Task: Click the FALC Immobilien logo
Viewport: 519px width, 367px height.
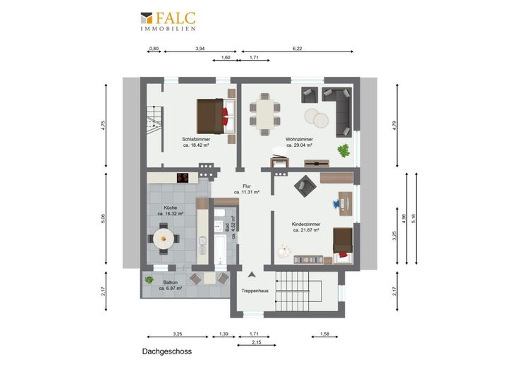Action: pos(168,21)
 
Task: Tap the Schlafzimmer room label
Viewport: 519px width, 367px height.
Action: pos(196,140)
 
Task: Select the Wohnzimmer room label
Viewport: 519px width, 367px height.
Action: pos(299,140)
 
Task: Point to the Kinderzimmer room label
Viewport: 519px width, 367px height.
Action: pos(306,224)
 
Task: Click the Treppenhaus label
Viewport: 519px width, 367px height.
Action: pos(255,291)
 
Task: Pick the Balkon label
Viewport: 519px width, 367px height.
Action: pos(171,282)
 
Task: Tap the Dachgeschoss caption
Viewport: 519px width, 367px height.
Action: pos(167,351)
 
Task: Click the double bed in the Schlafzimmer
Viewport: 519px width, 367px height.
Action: pos(216,116)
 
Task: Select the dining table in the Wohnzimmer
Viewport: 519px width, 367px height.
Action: pos(265,114)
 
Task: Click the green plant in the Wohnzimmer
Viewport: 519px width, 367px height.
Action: pos(343,151)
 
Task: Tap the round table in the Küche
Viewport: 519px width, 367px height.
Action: pos(164,239)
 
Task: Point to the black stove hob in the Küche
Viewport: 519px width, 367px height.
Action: pos(183,178)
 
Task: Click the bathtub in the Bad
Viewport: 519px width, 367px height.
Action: pos(220,248)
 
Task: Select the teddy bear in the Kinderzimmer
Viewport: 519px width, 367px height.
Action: pos(284,251)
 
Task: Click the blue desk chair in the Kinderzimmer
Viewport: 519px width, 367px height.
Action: pos(336,203)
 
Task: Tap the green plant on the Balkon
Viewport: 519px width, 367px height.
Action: pos(149,280)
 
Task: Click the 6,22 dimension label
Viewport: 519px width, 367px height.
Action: pos(298,49)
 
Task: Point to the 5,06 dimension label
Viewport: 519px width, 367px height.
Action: pos(103,219)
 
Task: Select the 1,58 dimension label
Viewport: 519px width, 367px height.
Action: pos(324,335)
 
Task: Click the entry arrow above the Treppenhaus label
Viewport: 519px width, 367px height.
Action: pos(252,275)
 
